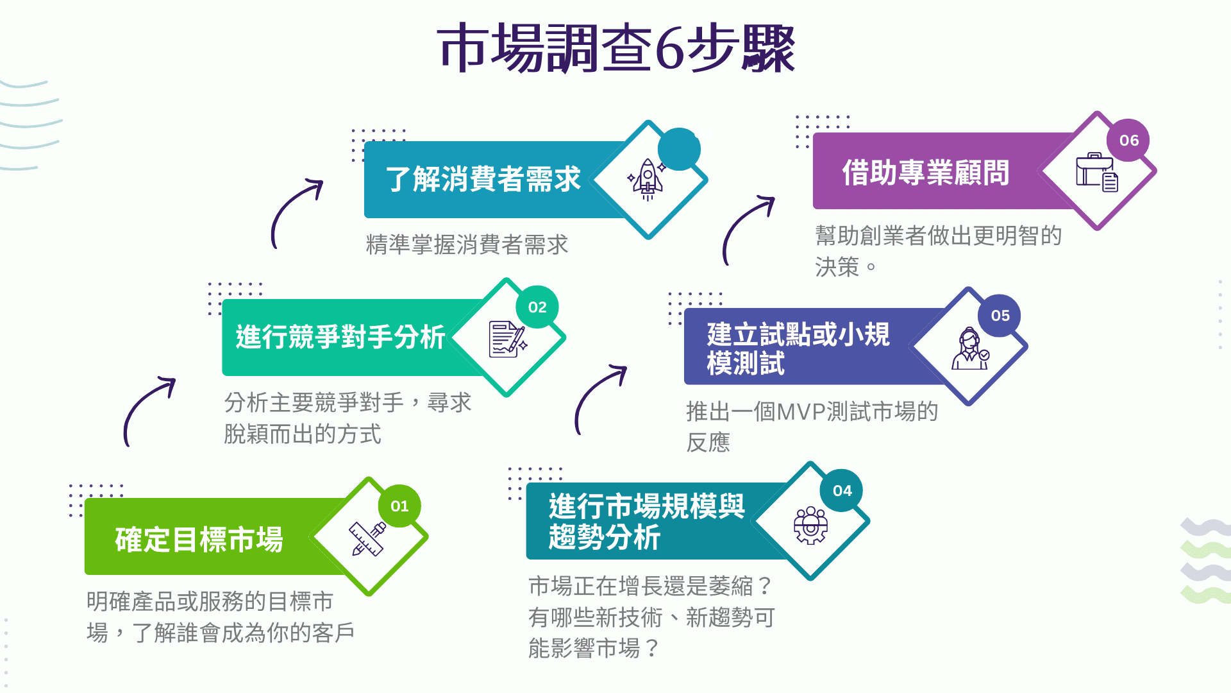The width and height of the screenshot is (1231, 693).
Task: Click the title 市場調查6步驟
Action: pos(616,48)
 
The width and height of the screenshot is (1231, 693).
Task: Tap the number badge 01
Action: pos(399,506)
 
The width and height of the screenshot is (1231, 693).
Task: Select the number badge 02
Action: pos(537,307)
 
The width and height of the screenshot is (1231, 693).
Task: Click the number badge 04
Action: pos(842,491)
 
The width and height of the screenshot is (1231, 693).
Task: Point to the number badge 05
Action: pos(1000,316)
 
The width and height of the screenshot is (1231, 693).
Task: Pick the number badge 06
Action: pos(1129,141)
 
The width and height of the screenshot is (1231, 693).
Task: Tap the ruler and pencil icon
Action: pos(367,538)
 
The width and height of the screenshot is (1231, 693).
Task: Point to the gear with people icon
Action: pos(811,526)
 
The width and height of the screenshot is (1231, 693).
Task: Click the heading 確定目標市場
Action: pos(199,540)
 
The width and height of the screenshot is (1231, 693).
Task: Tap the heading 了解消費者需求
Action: pos(483,179)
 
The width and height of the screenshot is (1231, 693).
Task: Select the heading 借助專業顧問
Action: pos(925,173)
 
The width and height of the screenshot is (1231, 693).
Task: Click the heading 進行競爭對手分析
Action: pos(340,337)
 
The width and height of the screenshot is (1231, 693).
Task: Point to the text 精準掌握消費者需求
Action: pos(467,244)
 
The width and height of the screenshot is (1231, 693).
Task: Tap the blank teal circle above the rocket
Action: pos(679,150)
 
